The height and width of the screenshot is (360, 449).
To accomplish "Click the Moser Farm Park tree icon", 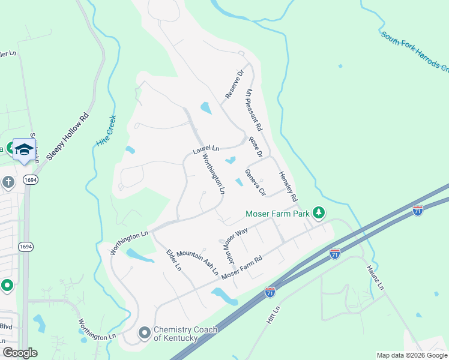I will click(x=319, y=213).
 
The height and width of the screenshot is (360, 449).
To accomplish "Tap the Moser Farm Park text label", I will click(x=277, y=214).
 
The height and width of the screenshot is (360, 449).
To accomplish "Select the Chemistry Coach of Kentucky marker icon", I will click(x=144, y=332).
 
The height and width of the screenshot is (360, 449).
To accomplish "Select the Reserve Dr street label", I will click(x=235, y=84).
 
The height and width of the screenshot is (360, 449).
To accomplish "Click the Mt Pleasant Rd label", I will click(x=255, y=110).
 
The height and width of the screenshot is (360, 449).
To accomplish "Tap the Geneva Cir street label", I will click(x=255, y=182).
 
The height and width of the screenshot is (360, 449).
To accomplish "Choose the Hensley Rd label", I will click(x=288, y=186).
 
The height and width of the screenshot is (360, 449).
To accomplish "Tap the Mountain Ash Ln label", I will click(x=197, y=262).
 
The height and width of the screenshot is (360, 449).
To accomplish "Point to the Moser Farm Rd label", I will click(x=243, y=268).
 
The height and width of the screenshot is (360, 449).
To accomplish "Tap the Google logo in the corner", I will click(x=20, y=353).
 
